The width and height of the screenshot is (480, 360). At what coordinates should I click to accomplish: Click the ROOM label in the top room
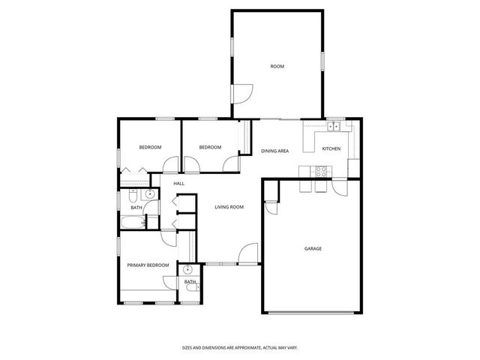coord(277,67)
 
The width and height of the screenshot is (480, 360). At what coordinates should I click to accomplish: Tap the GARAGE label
coord(313,248)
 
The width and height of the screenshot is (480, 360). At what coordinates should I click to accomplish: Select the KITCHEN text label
coord(331,148)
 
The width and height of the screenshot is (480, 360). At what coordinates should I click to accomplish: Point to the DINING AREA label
coord(274,151)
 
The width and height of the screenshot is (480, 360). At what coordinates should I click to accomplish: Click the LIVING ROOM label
coord(229,207)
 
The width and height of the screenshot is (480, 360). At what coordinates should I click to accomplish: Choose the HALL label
coord(179,184)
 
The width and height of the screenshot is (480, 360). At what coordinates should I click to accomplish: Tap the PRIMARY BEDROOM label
coord(147,265)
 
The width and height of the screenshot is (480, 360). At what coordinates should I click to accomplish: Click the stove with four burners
coord(320,170)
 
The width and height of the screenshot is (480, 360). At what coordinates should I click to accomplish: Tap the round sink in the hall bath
coord(150,194)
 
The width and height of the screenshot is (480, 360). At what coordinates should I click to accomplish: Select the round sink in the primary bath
coord(187,269)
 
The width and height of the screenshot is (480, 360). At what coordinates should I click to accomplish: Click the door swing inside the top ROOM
coord(242,94)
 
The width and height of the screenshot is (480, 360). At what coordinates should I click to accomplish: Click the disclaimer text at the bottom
coord(240,348)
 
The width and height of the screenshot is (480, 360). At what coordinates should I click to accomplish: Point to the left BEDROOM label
coord(150,147)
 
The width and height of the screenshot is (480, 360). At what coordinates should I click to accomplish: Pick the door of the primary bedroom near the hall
coord(168,237)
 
